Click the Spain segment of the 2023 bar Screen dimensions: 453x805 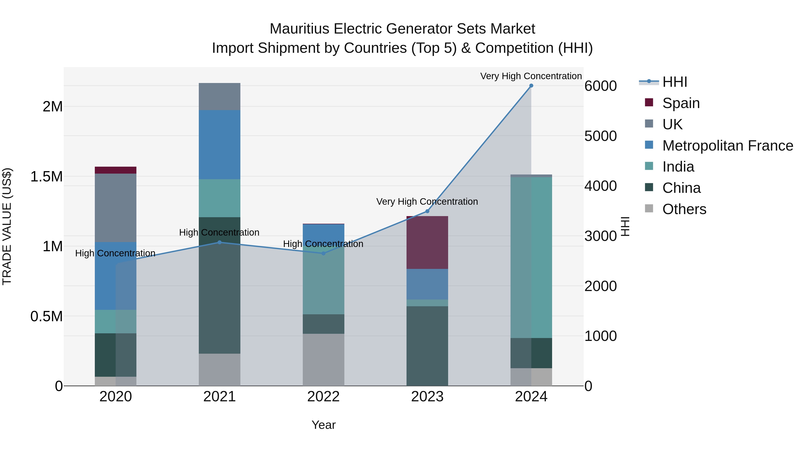(427, 242)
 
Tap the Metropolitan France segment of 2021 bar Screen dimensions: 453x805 (219, 145)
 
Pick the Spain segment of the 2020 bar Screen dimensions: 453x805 (116, 170)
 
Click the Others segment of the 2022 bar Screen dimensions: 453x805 (323, 359)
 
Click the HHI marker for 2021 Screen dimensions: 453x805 (219, 242)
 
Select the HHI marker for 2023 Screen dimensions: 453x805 (427, 211)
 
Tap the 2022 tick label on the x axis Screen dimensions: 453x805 (323, 397)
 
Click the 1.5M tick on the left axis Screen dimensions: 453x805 (46, 177)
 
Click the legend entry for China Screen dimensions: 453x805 (681, 188)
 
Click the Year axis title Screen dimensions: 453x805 (323, 425)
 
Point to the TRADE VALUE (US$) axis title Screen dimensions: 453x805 (7, 226)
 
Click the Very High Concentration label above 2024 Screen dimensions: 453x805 (531, 76)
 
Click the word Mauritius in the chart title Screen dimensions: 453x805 (299, 29)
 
